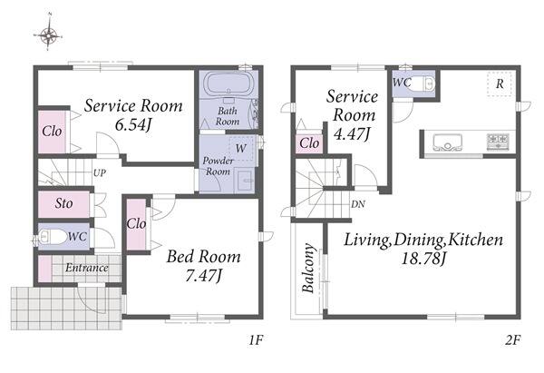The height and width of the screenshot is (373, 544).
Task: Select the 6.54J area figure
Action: [x=133, y=125]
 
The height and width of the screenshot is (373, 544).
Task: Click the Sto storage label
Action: [x=63, y=203]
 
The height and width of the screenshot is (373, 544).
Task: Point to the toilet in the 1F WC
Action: [x=52, y=238]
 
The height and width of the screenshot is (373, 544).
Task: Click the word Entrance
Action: [x=87, y=268]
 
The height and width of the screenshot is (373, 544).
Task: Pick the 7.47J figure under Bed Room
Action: [x=203, y=276]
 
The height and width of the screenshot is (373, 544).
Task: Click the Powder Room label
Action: [x=218, y=166]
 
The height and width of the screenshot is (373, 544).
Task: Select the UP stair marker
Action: [x=100, y=173]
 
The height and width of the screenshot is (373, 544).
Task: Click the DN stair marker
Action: [x=358, y=204]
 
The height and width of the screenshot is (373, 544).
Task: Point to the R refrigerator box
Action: [x=500, y=83]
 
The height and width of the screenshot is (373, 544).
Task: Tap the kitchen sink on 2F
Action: [x=448, y=142]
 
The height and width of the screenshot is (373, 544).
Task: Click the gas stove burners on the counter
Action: [x=498, y=142]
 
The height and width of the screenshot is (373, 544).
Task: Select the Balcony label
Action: [x=307, y=268]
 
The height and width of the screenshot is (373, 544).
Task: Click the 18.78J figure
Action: [x=423, y=259]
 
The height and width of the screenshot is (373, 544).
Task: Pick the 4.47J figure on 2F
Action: [x=352, y=133]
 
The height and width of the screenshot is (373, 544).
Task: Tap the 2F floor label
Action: [x=513, y=340]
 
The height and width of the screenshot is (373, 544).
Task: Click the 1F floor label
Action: [x=256, y=340]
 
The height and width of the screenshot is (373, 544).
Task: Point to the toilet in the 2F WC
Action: [x=423, y=83]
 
